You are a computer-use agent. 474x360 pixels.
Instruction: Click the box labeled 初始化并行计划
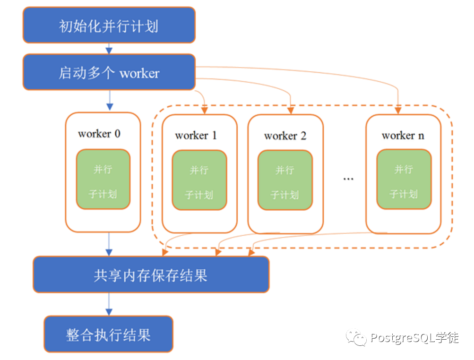pyautogui.click(x=109, y=25)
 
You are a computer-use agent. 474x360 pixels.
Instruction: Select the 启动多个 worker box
pyautogui.click(x=109, y=72)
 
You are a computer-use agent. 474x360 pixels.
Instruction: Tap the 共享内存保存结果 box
pyautogui.click(x=151, y=274)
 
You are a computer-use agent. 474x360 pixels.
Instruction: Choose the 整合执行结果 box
pyautogui.click(x=108, y=334)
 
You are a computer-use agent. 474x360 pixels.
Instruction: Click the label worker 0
pyautogui.click(x=99, y=134)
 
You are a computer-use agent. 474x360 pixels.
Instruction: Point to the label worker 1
pyautogui.click(x=196, y=136)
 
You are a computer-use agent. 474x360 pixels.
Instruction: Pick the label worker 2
pyautogui.click(x=285, y=136)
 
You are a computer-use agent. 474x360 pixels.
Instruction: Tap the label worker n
pyautogui.click(x=403, y=136)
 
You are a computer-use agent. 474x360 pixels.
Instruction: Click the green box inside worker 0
pyautogui.click(x=103, y=180)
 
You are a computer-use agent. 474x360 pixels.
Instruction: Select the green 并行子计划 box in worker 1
pyautogui.click(x=199, y=180)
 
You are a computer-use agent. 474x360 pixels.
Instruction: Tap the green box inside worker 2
pyautogui.click(x=285, y=180)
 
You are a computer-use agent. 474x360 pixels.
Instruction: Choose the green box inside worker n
pyautogui.click(x=404, y=179)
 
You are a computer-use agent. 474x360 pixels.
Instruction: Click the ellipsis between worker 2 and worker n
pyautogui.click(x=348, y=179)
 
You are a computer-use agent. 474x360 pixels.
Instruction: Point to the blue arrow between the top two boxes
pyautogui.click(x=109, y=48)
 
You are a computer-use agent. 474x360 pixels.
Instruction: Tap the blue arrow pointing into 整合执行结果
pyautogui.click(x=109, y=304)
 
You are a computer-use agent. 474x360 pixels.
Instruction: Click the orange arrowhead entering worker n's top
pyautogui.click(x=398, y=110)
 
